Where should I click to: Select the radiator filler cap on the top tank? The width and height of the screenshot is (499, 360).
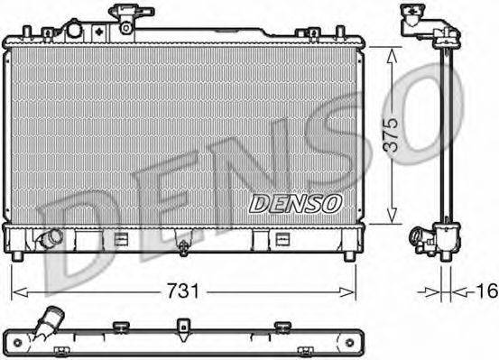pos(123,16)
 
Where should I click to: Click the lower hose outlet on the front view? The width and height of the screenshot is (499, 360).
pos(47,239)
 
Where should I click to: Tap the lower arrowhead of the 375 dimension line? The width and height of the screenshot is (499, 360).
pos(390,217)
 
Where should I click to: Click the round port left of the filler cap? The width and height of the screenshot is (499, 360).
pos(73,30)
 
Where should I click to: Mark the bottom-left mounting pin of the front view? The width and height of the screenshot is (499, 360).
pos(18,258)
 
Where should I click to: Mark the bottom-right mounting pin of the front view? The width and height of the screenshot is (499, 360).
pos(347,258)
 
